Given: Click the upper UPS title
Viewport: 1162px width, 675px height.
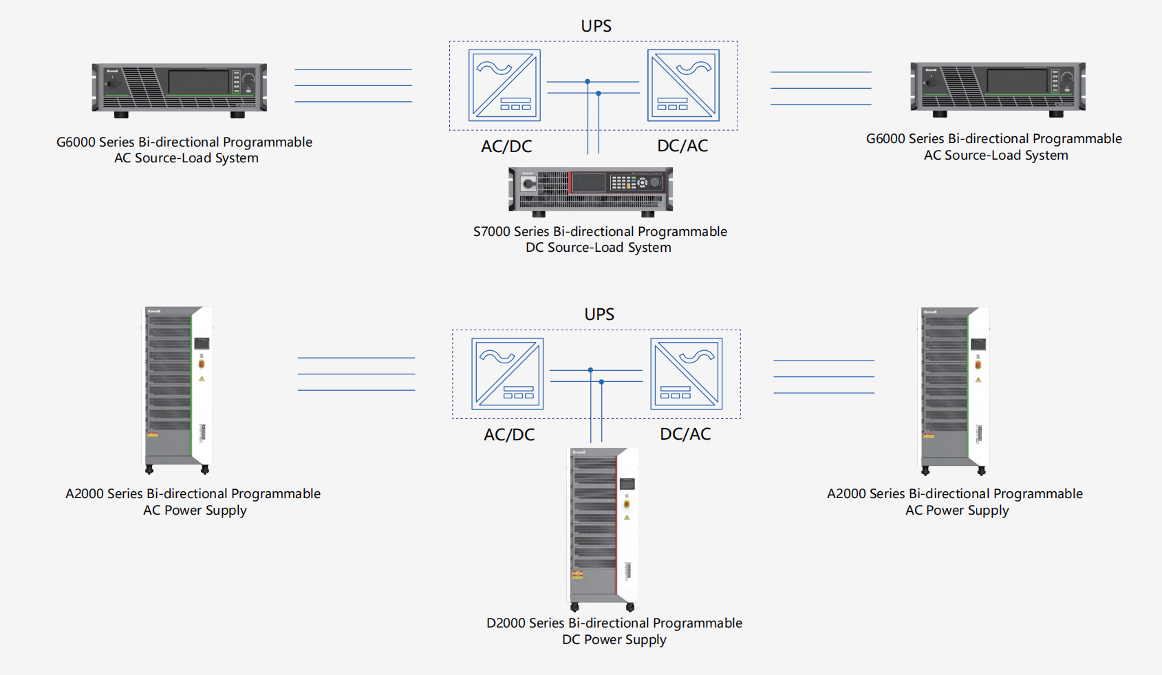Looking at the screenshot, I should pyautogui.click(x=596, y=26).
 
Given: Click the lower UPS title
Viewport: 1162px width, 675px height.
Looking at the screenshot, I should pyautogui.click(x=599, y=314).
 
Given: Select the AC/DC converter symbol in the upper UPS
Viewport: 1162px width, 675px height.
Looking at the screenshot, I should pyautogui.click(x=504, y=85).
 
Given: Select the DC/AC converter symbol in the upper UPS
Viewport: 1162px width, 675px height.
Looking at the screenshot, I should pyautogui.click(x=683, y=85).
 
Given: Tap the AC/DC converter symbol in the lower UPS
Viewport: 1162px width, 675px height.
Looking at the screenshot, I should pyautogui.click(x=507, y=374).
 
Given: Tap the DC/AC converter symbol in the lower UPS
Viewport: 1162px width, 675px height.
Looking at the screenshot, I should pyautogui.click(x=686, y=374).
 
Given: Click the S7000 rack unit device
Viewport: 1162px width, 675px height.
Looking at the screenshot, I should pyautogui.click(x=590, y=191).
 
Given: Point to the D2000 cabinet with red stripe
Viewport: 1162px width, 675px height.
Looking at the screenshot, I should pyautogui.click(x=603, y=527).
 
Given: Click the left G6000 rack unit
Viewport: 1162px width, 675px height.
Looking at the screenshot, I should pyautogui.click(x=180, y=88).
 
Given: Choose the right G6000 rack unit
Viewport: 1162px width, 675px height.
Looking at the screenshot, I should pyautogui.click(x=998, y=87).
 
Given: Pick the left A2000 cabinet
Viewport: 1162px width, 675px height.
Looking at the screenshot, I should pyautogui.click(x=177, y=389).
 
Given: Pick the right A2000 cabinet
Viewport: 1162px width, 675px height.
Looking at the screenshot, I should pyautogui.click(x=954, y=389).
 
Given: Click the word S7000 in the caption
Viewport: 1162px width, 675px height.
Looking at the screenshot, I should pyautogui.click(x=491, y=232).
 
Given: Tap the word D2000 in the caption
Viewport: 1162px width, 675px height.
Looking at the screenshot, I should pyautogui.click(x=506, y=623).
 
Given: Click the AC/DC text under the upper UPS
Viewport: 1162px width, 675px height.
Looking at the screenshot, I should pyautogui.click(x=506, y=147).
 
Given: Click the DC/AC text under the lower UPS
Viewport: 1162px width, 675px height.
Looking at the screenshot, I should pyautogui.click(x=685, y=434).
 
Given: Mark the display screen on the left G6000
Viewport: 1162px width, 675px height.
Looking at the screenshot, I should pyautogui.click(x=198, y=83).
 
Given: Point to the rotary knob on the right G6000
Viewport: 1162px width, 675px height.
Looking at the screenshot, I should pyautogui.click(x=1067, y=78).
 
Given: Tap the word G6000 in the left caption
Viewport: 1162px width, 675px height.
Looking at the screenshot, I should pyautogui.click(x=76, y=142).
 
